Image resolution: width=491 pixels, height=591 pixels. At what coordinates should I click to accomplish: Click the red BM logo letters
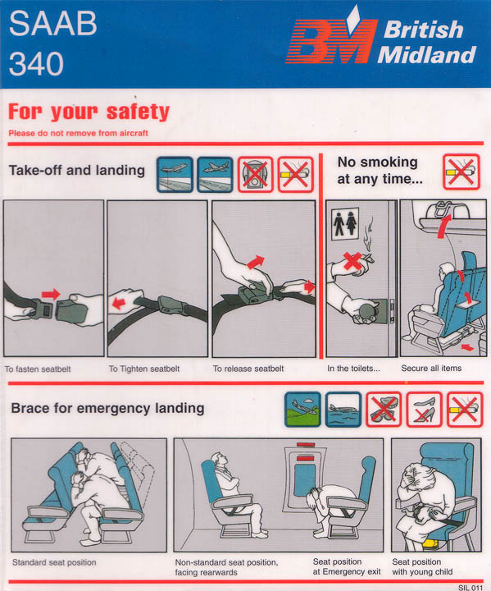[x=331, y=41]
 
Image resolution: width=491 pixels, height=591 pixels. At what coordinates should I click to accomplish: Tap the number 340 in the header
[x=36, y=63]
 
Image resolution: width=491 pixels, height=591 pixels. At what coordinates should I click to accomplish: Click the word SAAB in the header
[x=52, y=23]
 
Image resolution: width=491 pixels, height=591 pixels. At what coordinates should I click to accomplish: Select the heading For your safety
[x=89, y=112]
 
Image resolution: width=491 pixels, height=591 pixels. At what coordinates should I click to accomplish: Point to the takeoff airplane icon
[x=175, y=175]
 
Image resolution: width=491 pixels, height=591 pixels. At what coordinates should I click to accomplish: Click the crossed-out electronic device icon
[x=255, y=175]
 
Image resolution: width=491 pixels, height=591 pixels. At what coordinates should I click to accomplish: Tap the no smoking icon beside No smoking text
[x=461, y=172]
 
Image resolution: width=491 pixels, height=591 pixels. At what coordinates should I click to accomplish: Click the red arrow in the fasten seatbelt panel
[x=51, y=294]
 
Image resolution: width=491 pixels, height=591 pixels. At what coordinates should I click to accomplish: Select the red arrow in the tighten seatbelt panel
[x=119, y=303]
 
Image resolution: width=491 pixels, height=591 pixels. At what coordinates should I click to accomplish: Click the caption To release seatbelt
[x=248, y=369]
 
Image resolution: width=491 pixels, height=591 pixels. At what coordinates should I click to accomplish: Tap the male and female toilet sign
[x=345, y=223]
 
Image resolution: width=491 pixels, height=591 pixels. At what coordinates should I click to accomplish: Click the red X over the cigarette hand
[x=352, y=262]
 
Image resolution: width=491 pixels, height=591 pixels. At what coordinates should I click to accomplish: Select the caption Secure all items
[x=431, y=369]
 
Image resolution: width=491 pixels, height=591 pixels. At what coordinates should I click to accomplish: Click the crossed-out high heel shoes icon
[x=424, y=410]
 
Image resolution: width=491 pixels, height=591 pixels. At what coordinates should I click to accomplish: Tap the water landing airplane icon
[x=343, y=410]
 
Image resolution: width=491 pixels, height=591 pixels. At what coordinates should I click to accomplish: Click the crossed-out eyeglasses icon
[x=384, y=410]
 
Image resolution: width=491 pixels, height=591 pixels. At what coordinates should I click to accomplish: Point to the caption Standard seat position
[x=54, y=562]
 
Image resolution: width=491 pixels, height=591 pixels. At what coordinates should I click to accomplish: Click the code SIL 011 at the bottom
[x=471, y=587]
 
